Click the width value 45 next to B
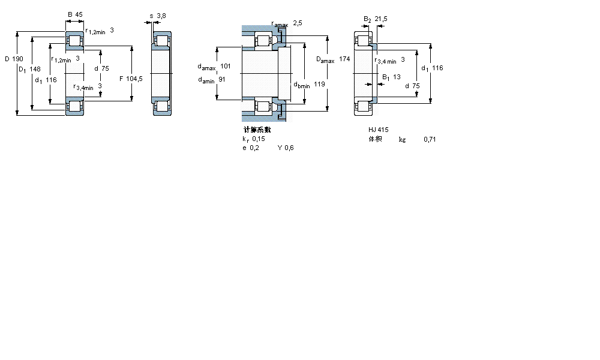79,14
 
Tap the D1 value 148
35,70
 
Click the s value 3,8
161,15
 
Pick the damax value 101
226,66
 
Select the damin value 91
222,80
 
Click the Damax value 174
344,59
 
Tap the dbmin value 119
319,85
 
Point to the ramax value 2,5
298,23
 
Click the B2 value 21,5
381,19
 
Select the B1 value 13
397,77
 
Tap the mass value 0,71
430,139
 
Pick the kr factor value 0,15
259,139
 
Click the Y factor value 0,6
289,148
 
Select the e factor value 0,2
254,148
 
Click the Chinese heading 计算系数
257,129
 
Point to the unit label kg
402,139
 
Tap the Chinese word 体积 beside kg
376,139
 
